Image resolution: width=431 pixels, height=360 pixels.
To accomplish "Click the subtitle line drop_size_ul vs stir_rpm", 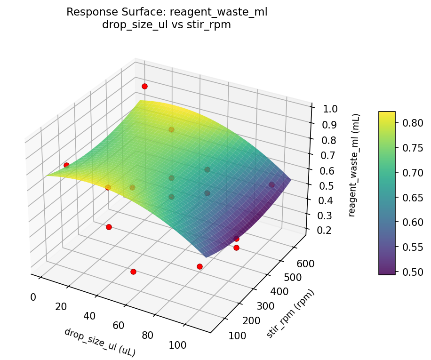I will coord(167,25).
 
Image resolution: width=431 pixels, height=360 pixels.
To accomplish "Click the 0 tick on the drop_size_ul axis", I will coord(33,297).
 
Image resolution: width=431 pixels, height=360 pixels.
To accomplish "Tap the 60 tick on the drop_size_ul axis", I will coord(118,325).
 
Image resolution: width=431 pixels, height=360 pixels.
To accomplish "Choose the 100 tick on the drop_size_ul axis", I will coord(177,345).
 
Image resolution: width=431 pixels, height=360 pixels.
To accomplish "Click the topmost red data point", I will coord(144,86).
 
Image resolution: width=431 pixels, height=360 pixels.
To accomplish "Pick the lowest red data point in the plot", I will coord(133,272).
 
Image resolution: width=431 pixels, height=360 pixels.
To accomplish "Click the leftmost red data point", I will coord(66,165).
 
